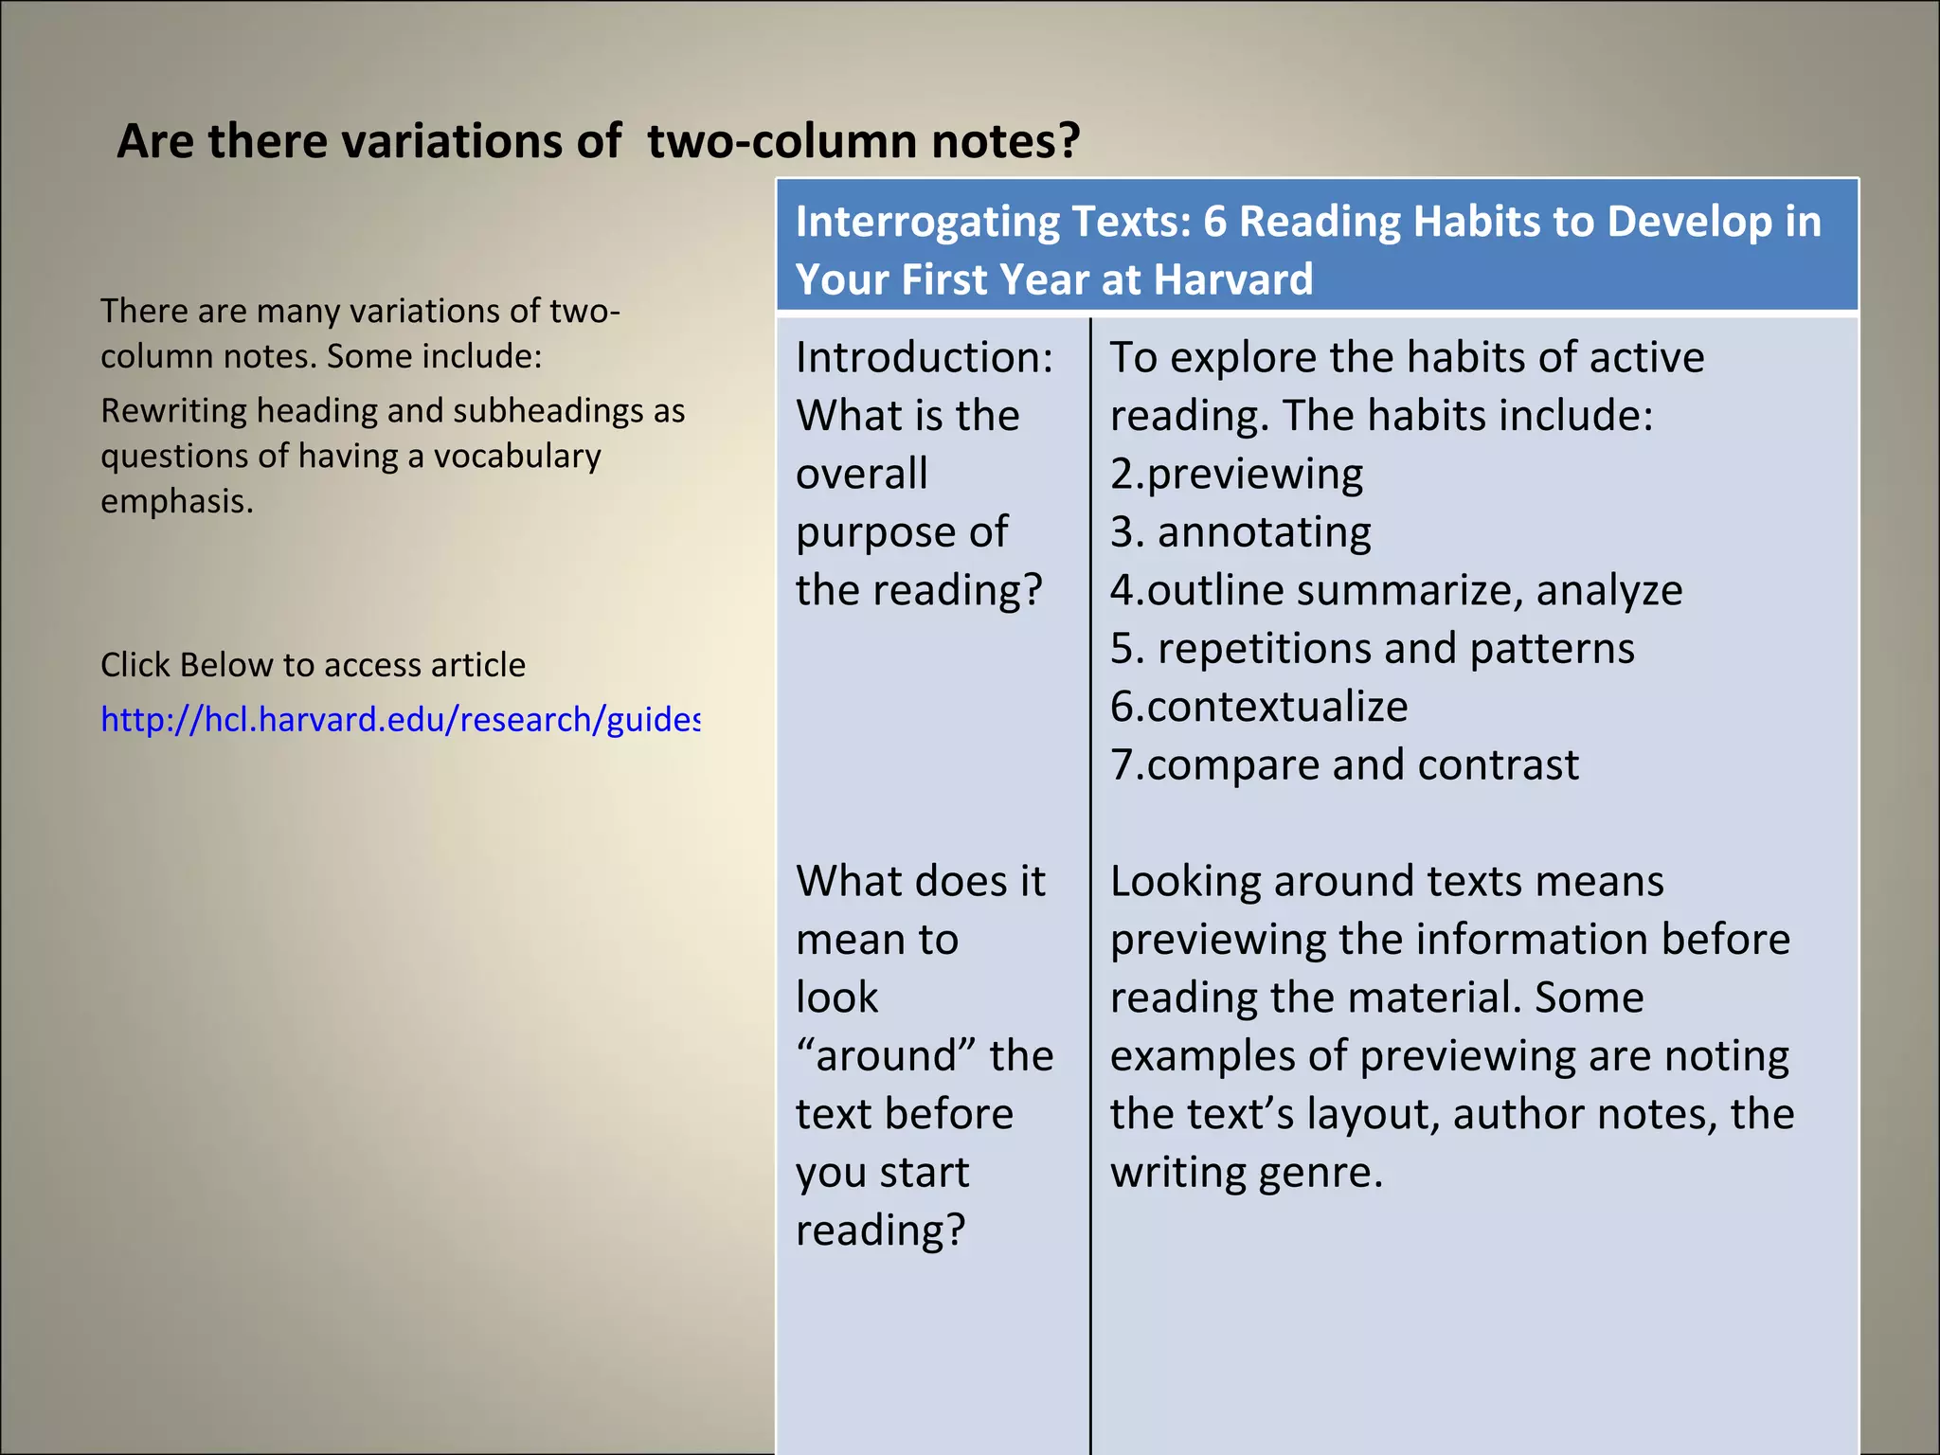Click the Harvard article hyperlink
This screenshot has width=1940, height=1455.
pos(400,720)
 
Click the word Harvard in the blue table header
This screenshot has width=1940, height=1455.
pos(1233,279)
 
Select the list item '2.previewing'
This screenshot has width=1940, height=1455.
pos(1236,474)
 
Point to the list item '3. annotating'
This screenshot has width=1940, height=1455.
pos(1240,532)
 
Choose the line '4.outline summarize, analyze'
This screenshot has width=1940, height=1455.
pos(1395,590)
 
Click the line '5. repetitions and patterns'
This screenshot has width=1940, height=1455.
pos(1372,649)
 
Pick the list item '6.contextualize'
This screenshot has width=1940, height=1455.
pos(1259,707)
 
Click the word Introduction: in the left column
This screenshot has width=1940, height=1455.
pos(924,358)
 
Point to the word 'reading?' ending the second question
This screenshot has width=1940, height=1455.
pos(880,1230)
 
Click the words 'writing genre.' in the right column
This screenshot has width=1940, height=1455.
pos(1247,1173)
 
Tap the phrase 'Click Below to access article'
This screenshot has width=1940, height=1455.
pos(313,665)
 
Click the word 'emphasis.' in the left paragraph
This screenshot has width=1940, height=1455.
pos(177,501)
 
